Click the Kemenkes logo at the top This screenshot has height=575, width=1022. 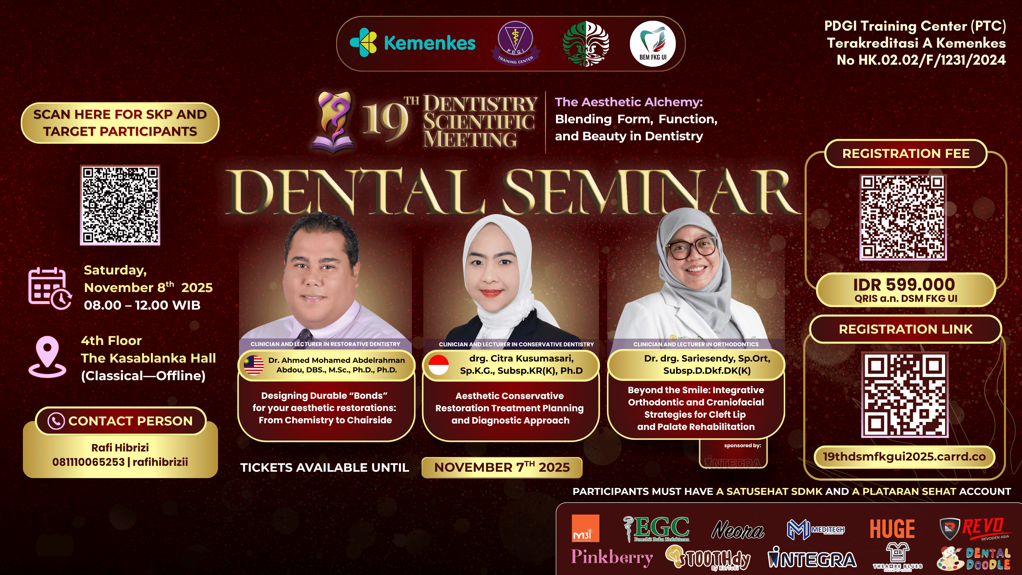point(413,43)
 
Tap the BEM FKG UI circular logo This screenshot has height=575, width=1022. point(653,44)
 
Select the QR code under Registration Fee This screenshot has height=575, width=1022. point(903,217)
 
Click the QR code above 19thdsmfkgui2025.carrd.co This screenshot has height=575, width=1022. point(905,395)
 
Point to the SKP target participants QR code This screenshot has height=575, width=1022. point(120,205)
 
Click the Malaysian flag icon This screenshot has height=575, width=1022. point(254,365)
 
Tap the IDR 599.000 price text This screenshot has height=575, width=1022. point(904,285)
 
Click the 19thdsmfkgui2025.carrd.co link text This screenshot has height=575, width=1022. point(904,456)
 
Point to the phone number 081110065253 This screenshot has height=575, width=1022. point(88,462)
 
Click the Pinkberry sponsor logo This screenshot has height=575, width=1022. point(612,557)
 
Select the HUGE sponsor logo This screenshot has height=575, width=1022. point(892,529)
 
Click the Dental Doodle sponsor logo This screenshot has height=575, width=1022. point(974,558)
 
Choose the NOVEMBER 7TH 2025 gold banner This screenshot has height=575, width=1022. point(502,467)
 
